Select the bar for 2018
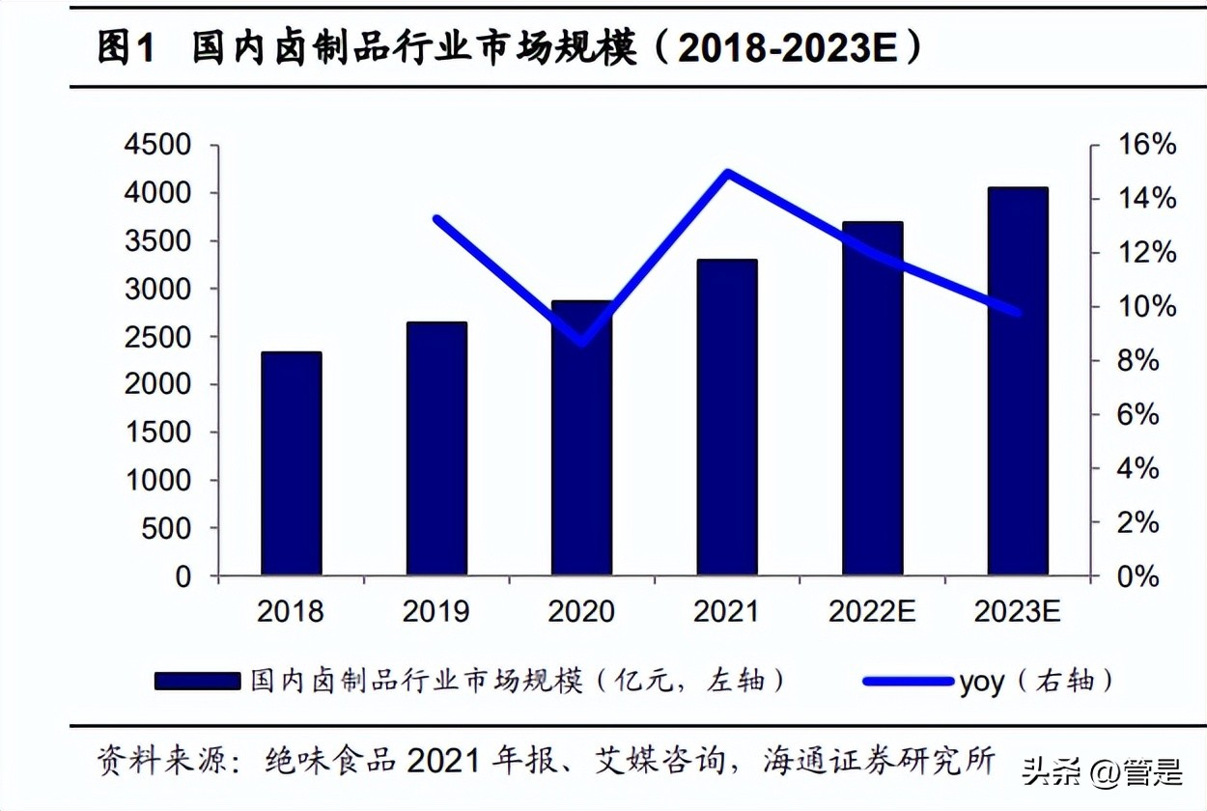coord(291,464)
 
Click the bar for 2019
coord(436,449)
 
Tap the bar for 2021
coord(726,418)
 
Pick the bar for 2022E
coord(872,399)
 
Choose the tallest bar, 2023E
coord(1017,381)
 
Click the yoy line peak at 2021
coord(726,174)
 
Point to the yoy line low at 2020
coord(581,342)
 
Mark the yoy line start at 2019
coord(436,219)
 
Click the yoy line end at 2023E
coord(1017,312)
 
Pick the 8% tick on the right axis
coord(1140,361)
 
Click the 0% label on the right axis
coord(1140,577)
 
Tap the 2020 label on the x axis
coord(581,612)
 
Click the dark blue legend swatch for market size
coord(197,682)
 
